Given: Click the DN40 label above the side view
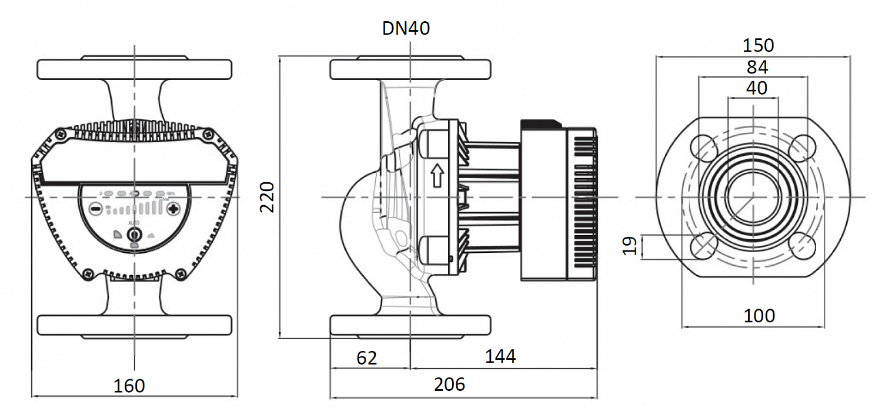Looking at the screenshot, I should pyautogui.click(x=406, y=28).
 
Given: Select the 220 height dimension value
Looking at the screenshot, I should pyautogui.click(x=268, y=198).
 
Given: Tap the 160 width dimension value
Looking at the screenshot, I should pyautogui.click(x=129, y=386).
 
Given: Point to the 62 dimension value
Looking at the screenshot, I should pyautogui.click(x=366, y=357).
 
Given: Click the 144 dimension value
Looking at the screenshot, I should pyautogui.click(x=500, y=356).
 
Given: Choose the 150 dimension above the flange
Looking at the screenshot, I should pyautogui.click(x=757, y=45).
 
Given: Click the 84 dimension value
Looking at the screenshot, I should pyautogui.click(x=757, y=67).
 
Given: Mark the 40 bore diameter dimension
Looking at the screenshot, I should pyautogui.click(x=756, y=88).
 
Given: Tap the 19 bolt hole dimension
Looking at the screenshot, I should pyautogui.click(x=629, y=246).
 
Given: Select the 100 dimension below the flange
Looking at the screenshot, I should pyautogui.click(x=759, y=316).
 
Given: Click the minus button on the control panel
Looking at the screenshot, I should pyautogui.click(x=95, y=209).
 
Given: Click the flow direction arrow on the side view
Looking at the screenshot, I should pyautogui.click(x=437, y=175).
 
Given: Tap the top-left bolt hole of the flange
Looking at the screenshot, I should pyautogui.click(x=703, y=148).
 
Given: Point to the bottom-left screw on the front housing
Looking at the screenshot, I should pyautogui.click(x=88, y=273).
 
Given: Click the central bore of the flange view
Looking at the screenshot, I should pyautogui.click(x=753, y=197).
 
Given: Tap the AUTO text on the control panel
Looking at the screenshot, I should pyautogui.click(x=134, y=223).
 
